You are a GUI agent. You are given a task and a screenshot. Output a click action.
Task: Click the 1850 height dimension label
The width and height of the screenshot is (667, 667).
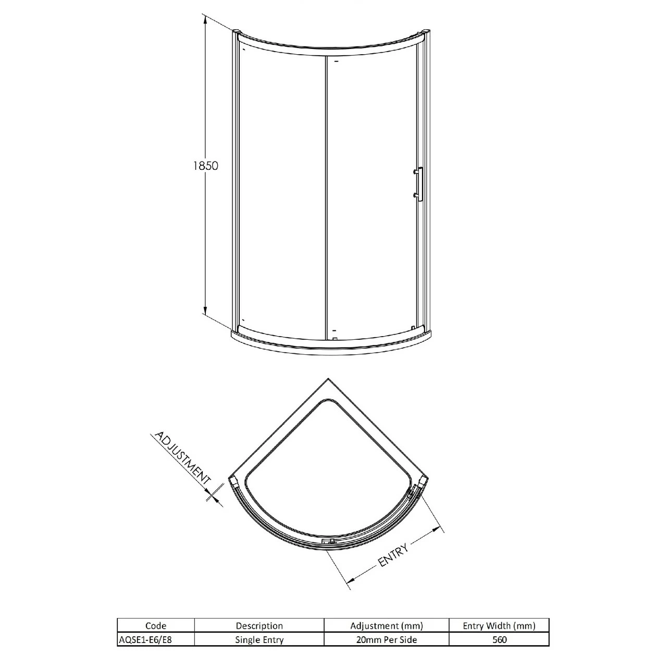(205, 165)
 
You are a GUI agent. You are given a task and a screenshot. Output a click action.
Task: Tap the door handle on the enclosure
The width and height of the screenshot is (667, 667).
(418, 183)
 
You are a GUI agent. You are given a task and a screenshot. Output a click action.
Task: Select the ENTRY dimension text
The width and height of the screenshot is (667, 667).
(393, 554)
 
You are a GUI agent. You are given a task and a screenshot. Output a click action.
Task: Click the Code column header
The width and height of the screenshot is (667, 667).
(156, 626)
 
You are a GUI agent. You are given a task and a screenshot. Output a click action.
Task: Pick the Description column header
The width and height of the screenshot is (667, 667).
(259, 626)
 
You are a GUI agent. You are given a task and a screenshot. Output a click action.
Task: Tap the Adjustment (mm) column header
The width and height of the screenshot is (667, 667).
(386, 626)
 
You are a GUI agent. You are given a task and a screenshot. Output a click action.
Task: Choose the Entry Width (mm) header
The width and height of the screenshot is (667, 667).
(499, 626)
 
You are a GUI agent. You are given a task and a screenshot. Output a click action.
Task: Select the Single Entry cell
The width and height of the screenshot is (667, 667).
(259, 639)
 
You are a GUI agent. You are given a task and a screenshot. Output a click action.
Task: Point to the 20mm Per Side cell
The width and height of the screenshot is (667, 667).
(386, 639)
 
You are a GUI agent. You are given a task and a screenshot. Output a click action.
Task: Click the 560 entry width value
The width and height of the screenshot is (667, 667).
(499, 639)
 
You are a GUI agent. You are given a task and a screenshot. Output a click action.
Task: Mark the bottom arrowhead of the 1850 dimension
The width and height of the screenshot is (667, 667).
(205, 311)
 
